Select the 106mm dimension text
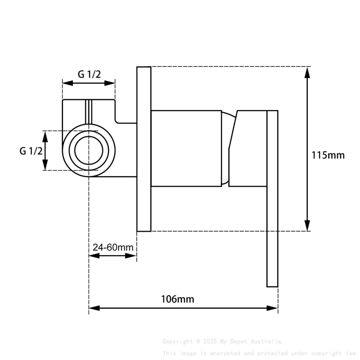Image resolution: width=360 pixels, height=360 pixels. point(177,299)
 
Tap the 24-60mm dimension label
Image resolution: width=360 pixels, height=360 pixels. point(113,247)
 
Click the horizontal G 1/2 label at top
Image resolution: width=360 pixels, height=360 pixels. point(89,74)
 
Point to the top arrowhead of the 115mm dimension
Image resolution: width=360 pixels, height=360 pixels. point(307,72)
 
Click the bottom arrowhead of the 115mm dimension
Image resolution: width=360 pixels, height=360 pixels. point(307,225)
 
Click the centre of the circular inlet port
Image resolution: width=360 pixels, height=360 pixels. point(89,151)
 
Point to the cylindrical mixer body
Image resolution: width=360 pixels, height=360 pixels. point(186,148)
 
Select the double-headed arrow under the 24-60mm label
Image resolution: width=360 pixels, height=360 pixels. point(113,256)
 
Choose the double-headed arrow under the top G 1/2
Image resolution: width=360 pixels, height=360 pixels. point(89,83)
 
